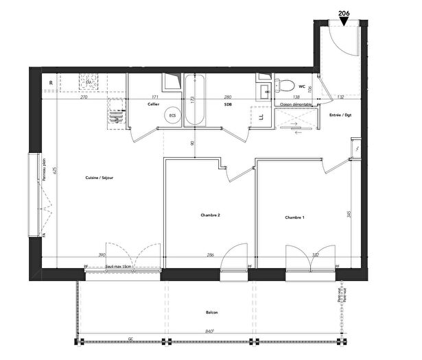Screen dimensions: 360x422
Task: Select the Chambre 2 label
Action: point(210,215)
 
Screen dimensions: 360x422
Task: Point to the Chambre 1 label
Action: point(294,217)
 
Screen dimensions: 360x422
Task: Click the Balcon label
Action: point(211,313)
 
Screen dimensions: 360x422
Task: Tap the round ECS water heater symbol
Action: point(174,116)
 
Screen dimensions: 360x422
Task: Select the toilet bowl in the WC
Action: point(285,86)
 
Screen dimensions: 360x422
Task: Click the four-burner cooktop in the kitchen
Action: point(87,83)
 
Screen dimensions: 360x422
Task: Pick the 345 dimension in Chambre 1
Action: point(349,215)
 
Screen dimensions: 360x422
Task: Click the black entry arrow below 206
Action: point(344,22)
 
